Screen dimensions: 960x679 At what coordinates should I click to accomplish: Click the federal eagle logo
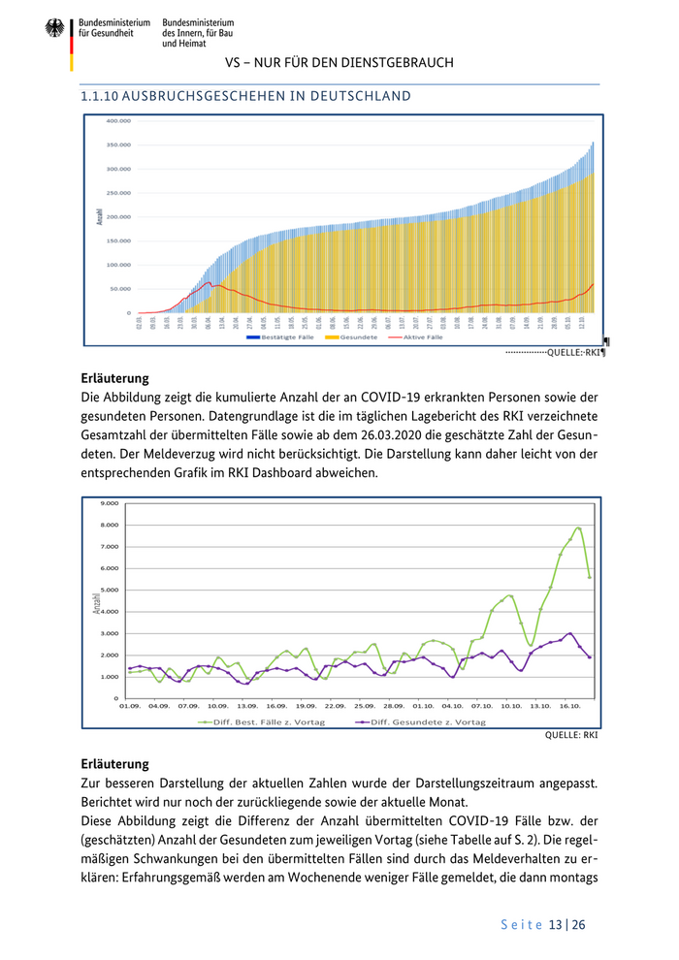pyautogui.click(x=54, y=28)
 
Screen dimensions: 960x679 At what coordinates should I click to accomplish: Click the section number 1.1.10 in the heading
pyautogui.click(x=101, y=96)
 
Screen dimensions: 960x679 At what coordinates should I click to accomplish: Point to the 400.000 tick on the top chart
pyautogui.click(x=117, y=121)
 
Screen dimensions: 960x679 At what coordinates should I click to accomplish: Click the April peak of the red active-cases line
pyautogui.click(x=209, y=283)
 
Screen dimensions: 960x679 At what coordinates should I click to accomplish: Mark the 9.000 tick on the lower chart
pyautogui.click(x=109, y=503)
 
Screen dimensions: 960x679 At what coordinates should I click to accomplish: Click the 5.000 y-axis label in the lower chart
pyautogui.click(x=109, y=590)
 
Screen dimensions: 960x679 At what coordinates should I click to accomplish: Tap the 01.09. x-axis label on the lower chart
pyautogui.click(x=129, y=706)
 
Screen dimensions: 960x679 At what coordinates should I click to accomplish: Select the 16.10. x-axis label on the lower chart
pyautogui.click(x=570, y=706)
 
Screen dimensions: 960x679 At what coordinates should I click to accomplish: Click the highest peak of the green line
pyautogui.click(x=578, y=528)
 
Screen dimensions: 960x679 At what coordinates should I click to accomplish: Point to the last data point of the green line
pyautogui.click(x=590, y=577)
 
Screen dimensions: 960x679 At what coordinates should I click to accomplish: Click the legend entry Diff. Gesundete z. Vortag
pyautogui.click(x=428, y=722)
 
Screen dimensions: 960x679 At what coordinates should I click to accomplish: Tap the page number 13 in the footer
pyautogui.click(x=555, y=924)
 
